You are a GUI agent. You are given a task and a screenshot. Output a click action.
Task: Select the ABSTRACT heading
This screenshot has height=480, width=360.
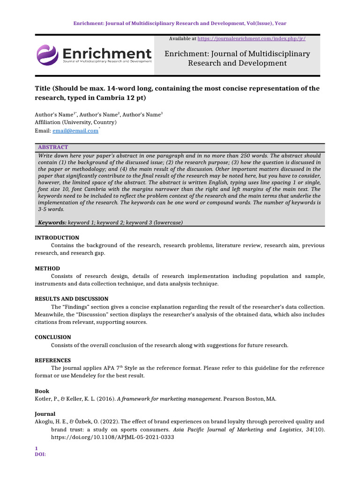click(x=53, y=147)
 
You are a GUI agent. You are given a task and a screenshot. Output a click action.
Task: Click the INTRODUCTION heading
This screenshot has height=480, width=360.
click(x=57, y=238)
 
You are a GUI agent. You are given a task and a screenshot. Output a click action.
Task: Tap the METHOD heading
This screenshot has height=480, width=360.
click(x=47, y=269)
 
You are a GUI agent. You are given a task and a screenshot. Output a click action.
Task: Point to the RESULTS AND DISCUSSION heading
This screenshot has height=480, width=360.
click(x=72, y=299)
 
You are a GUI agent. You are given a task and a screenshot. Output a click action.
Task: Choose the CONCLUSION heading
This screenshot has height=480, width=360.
click(x=53, y=337)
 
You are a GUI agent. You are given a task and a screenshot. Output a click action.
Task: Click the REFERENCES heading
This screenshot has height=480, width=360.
click(x=53, y=360)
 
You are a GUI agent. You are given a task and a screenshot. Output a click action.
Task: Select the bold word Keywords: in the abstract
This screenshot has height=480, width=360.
click(x=52, y=222)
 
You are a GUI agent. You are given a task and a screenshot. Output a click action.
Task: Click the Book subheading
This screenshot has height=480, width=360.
click(x=42, y=391)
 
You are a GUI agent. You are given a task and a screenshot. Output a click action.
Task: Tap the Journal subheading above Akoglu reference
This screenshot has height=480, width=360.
click(x=45, y=414)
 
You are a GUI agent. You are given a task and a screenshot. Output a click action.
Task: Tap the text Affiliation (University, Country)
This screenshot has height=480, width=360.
click(x=75, y=122)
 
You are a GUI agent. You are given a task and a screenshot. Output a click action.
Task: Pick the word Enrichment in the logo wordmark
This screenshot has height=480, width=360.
click(x=107, y=52)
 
